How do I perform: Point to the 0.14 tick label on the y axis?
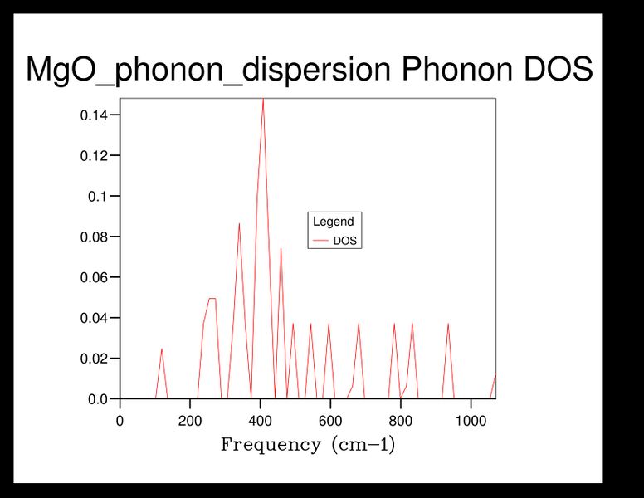click(x=94, y=115)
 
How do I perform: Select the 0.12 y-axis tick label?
click(x=94, y=155)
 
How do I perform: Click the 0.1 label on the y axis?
click(x=99, y=196)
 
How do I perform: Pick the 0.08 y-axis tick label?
click(x=94, y=237)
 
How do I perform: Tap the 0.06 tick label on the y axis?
click(x=94, y=277)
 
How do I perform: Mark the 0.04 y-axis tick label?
click(x=94, y=318)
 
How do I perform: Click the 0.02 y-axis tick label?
click(x=94, y=359)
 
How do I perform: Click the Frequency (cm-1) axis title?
click(x=308, y=445)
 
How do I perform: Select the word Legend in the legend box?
click(x=333, y=222)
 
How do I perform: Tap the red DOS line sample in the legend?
click(x=320, y=242)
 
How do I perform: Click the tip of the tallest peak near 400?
click(x=263, y=99)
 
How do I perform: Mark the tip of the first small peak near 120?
click(x=162, y=349)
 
